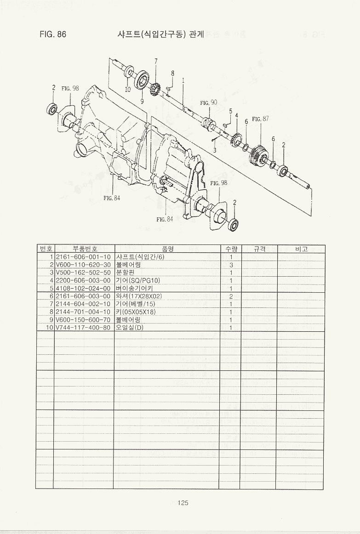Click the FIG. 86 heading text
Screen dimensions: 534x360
[53, 34]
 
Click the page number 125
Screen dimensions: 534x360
[183, 503]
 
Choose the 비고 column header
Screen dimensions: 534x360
[301, 249]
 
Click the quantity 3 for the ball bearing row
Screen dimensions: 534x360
[230, 265]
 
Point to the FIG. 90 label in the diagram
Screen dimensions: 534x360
[208, 103]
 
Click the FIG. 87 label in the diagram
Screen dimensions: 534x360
[260, 119]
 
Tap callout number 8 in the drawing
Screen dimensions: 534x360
[172, 73]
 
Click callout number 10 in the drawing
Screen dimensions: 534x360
[127, 90]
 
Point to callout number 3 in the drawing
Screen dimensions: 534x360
[215, 149]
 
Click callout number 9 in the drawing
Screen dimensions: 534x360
[142, 102]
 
